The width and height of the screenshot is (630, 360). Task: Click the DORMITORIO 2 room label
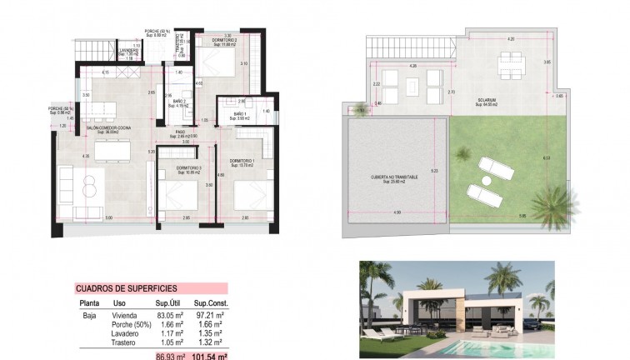click(225, 40)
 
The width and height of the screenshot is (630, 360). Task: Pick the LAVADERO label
click(127, 49)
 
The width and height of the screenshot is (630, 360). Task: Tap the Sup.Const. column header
click(211, 303)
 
